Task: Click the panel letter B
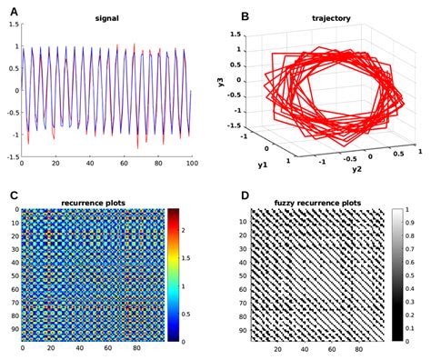[x=219, y=15]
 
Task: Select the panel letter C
[x=13, y=194]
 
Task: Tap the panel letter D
[x=219, y=194]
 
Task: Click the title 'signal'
[x=107, y=17]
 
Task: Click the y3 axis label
[x=221, y=83]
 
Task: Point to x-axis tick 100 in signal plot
[x=192, y=163]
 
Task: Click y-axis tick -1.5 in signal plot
[x=12, y=156]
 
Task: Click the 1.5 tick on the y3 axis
[x=236, y=35]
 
